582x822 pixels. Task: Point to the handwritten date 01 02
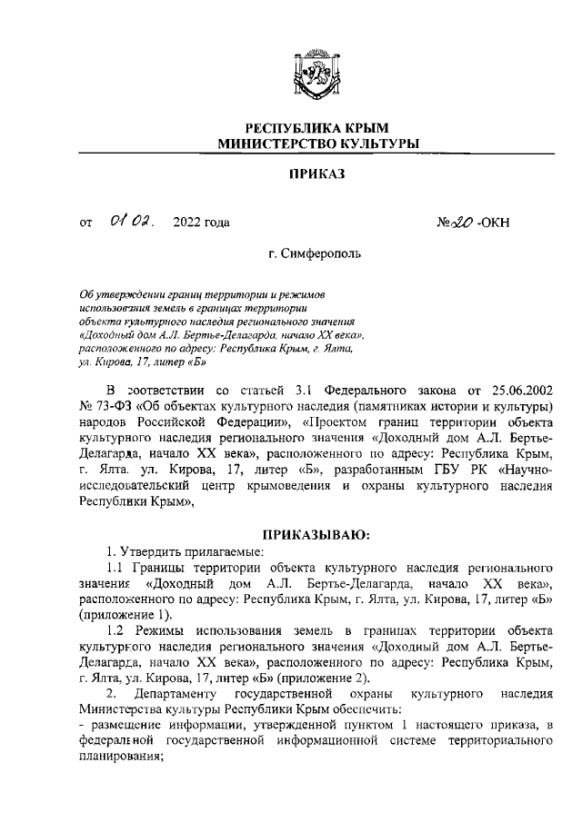(x=132, y=221)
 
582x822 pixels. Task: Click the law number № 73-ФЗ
(x=106, y=404)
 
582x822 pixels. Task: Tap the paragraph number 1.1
(x=117, y=568)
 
